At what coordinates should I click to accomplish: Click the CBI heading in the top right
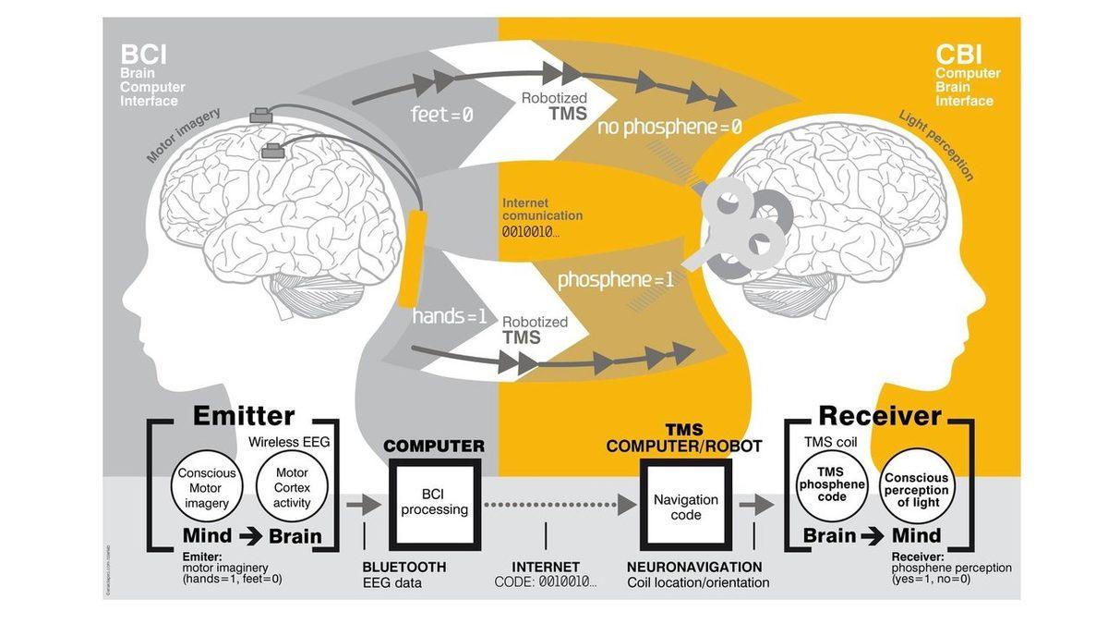pyautogui.click(x=959, y=55)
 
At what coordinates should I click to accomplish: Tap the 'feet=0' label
pyautogui.click(x=441, y=116)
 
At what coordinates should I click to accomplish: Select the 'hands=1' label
pyautogui.click(x=450, y=316)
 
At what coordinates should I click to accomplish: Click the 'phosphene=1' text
pyautogui.click(x=616, y=278)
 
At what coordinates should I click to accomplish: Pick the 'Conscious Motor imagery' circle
pyautogui.click(x=207, y=487)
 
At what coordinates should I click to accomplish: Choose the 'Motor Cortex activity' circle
pyautogui.click(x=292, y=487)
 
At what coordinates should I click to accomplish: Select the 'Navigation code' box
pyautogui.click(x=685, y=506)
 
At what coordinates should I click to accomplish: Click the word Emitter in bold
pyautogui.click(x=244, y=416)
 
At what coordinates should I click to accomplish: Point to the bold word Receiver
pyautogui.click(x=880, y=416)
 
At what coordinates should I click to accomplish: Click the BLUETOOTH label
pyautogui.click(x=403, y=567)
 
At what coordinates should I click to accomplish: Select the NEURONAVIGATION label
pyautogui.click(x=694, y=567)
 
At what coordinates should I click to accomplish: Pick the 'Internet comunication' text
pyautogui.click(x=542, y=209)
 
